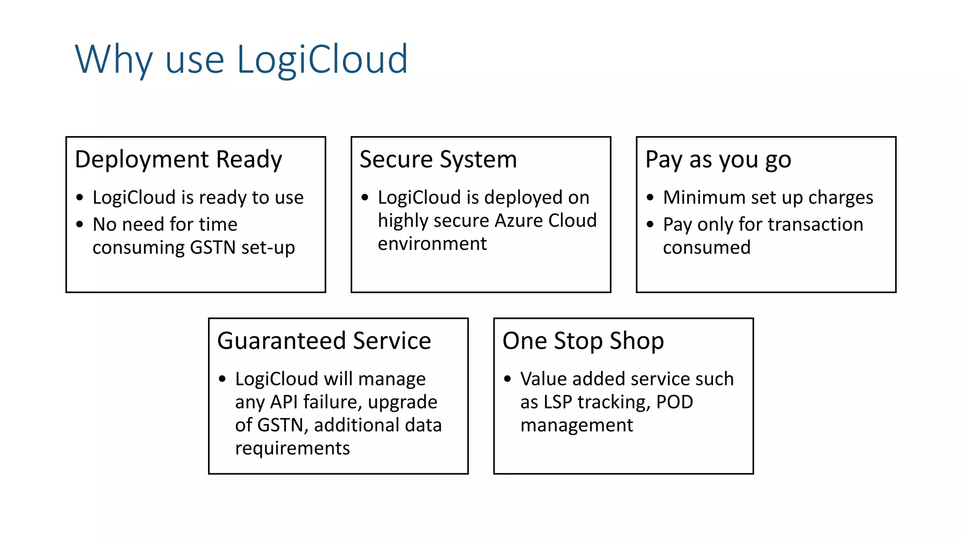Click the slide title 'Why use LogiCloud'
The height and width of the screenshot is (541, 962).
tap(241, 60)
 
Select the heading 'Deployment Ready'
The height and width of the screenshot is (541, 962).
tap(178, 160)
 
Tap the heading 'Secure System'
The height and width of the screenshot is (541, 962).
tap(438, 160)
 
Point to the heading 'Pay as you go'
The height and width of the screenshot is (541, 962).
tap(718, 160)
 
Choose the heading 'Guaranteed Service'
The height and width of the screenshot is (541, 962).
tap(324, 341)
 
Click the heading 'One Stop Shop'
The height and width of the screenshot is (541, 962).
tap(583, 341)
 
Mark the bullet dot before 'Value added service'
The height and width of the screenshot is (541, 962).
tap(507, 379)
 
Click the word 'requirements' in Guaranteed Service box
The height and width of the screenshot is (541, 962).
tap(292, 448)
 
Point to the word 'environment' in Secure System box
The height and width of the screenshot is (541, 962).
tap(432, 244)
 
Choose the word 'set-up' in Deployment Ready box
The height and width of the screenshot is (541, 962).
tap(268, 247)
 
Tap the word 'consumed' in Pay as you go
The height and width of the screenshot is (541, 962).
tap(706, 247)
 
